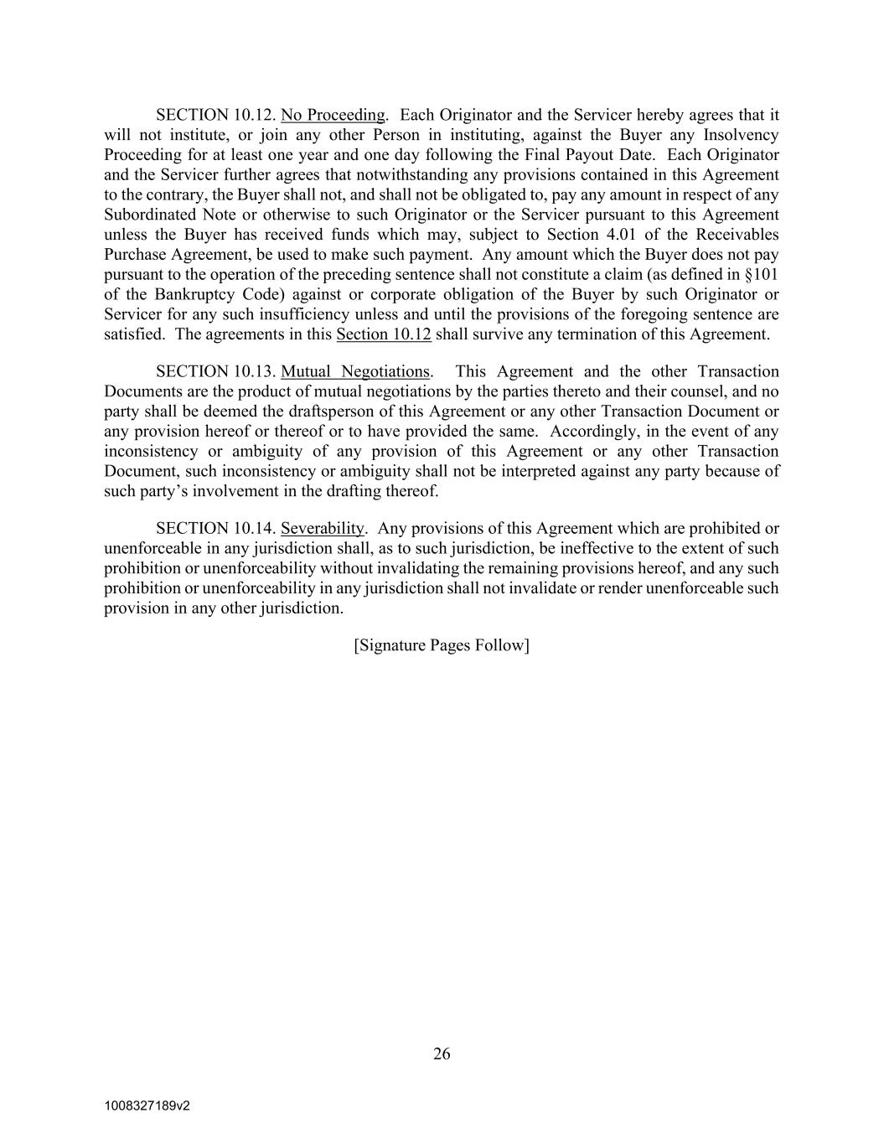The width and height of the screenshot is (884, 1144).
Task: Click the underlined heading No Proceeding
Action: (x=333, y=115)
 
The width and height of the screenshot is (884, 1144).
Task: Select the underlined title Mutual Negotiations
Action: (x=355, y=371)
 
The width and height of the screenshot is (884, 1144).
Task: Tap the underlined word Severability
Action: (x=323, y=528)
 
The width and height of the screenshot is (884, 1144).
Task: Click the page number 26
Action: (x=442, y=1053)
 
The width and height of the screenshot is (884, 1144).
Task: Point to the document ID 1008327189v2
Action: (x=147, y=1105)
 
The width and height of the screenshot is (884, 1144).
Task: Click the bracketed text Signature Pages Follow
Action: (x=442, y=645)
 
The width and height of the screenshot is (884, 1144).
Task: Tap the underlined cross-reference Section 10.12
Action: (x=384, y=334)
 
